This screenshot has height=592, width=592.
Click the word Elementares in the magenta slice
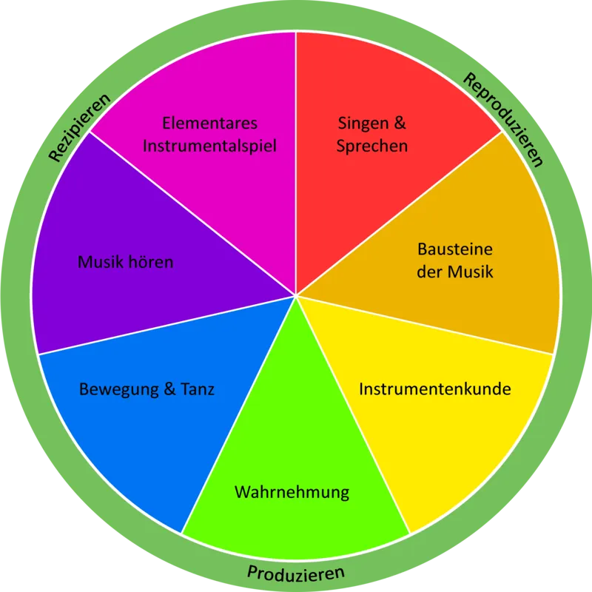tap(210, 123)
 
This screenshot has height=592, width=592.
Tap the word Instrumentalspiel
tap(210, 146)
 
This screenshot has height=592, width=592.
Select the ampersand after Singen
tap(400, 123)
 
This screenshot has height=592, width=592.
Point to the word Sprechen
tap(372, 147)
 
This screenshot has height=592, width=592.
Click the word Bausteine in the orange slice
tap(455, 249)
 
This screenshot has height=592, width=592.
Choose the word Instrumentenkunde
tap(435, 389)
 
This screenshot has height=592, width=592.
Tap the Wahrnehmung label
tap(292, 492)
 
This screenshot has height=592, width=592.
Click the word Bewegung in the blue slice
tap(119, 390)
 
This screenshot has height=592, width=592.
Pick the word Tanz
tap(198, 389)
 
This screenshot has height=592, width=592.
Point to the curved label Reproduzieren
tap(503, 119)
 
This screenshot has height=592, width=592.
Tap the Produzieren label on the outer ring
tap(295, 573)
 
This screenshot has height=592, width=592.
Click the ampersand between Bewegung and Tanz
tap(170, 389)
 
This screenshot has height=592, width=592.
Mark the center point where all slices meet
tap(296, 296)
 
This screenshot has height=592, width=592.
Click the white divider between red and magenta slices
tap(296, 164)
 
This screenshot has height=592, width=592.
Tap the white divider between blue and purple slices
tap(167, 325)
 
